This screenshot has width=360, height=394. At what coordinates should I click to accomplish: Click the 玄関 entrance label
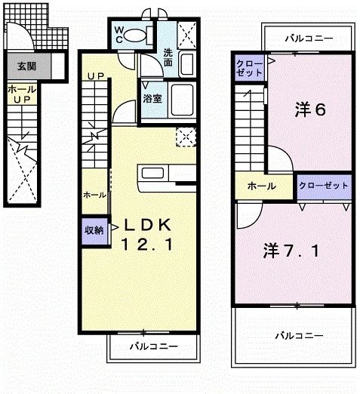point(23,65)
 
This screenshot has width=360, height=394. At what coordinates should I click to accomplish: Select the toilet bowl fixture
point(137,35)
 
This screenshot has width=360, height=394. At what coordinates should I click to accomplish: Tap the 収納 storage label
point(93,230)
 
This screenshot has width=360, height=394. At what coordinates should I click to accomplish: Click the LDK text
point(148,226)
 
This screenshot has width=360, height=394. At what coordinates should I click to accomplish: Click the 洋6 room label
point(309,110)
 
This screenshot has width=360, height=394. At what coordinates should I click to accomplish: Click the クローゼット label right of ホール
point(323,185)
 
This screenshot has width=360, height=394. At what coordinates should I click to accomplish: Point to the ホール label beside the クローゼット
point(260,186)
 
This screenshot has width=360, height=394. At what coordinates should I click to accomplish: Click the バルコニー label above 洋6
point(308,37)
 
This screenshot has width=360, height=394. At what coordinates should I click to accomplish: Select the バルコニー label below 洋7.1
point(298,334)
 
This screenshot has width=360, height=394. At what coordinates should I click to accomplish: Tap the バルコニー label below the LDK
point(152,346)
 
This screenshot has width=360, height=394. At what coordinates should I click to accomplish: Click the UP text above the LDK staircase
point(95,76)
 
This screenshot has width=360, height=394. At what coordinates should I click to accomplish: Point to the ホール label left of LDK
point(95,195)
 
